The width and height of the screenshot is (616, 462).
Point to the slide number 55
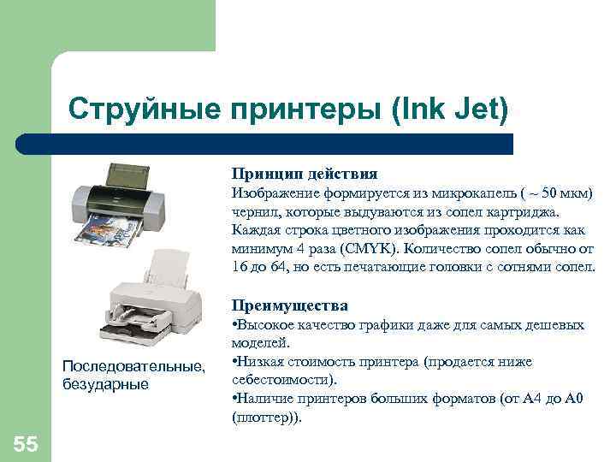click(x=25, y=442)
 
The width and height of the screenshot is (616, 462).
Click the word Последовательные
click(x=133, y=366)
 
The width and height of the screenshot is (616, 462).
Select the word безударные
click(x=106, y=383)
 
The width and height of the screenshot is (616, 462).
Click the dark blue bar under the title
click(x=265, y=144)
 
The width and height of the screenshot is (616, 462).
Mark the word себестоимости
click(x=281, y=381)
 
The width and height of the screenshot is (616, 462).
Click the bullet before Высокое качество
click(x=234, y=325)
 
